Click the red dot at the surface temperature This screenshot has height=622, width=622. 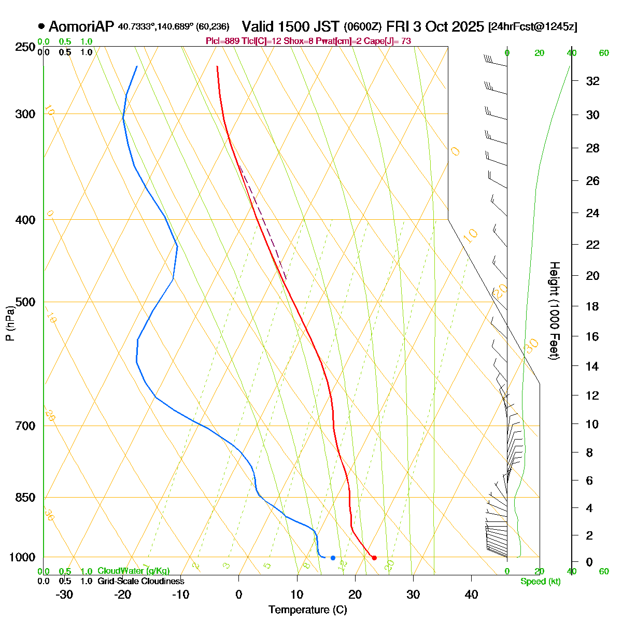pos(374,558)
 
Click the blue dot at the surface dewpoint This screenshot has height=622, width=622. pos(333,558)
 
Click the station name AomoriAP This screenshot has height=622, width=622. pos(82,26)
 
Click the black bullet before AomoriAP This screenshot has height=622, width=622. pos(41,26)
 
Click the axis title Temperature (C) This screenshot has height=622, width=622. pos(308,610)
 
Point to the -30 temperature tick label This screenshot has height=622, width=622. pos(64,594)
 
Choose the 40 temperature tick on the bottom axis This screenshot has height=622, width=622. pos(471,594)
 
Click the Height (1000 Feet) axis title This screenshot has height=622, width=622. pos(554,311)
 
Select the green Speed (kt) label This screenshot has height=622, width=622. pos(541,582)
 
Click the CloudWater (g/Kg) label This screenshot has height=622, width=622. pos(134,571)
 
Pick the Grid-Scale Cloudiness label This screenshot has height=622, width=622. pos(140,581)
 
